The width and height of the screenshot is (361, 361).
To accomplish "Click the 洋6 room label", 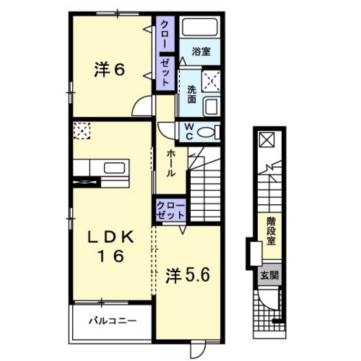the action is (110, 70).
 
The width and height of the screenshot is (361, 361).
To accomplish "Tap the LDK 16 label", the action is (111, 246).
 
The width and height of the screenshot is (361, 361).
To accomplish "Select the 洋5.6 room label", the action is (188, 275).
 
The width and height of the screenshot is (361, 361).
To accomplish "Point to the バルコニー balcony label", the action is (113, 320).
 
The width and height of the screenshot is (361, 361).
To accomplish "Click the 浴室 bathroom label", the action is (201, 52).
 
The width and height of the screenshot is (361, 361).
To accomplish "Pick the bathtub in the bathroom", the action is (200, 27).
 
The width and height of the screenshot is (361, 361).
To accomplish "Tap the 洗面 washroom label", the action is (191, 94).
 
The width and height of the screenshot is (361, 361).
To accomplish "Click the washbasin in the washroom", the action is (212, 107).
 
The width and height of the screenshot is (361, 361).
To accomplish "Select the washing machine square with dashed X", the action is (211, 81).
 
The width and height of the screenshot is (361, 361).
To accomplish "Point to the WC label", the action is (189, 132).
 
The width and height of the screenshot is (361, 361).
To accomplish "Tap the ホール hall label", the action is (171, 163).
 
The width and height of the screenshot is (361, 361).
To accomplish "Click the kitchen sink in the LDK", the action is (115, 168).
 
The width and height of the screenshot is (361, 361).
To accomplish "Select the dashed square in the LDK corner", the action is (82, 131).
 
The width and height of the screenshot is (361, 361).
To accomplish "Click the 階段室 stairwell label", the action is (271, 231).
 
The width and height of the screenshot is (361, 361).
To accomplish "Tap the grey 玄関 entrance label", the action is (269, 275).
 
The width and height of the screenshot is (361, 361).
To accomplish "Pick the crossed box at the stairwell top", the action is (267, 139).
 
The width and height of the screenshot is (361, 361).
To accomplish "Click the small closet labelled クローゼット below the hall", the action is (171, 210).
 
